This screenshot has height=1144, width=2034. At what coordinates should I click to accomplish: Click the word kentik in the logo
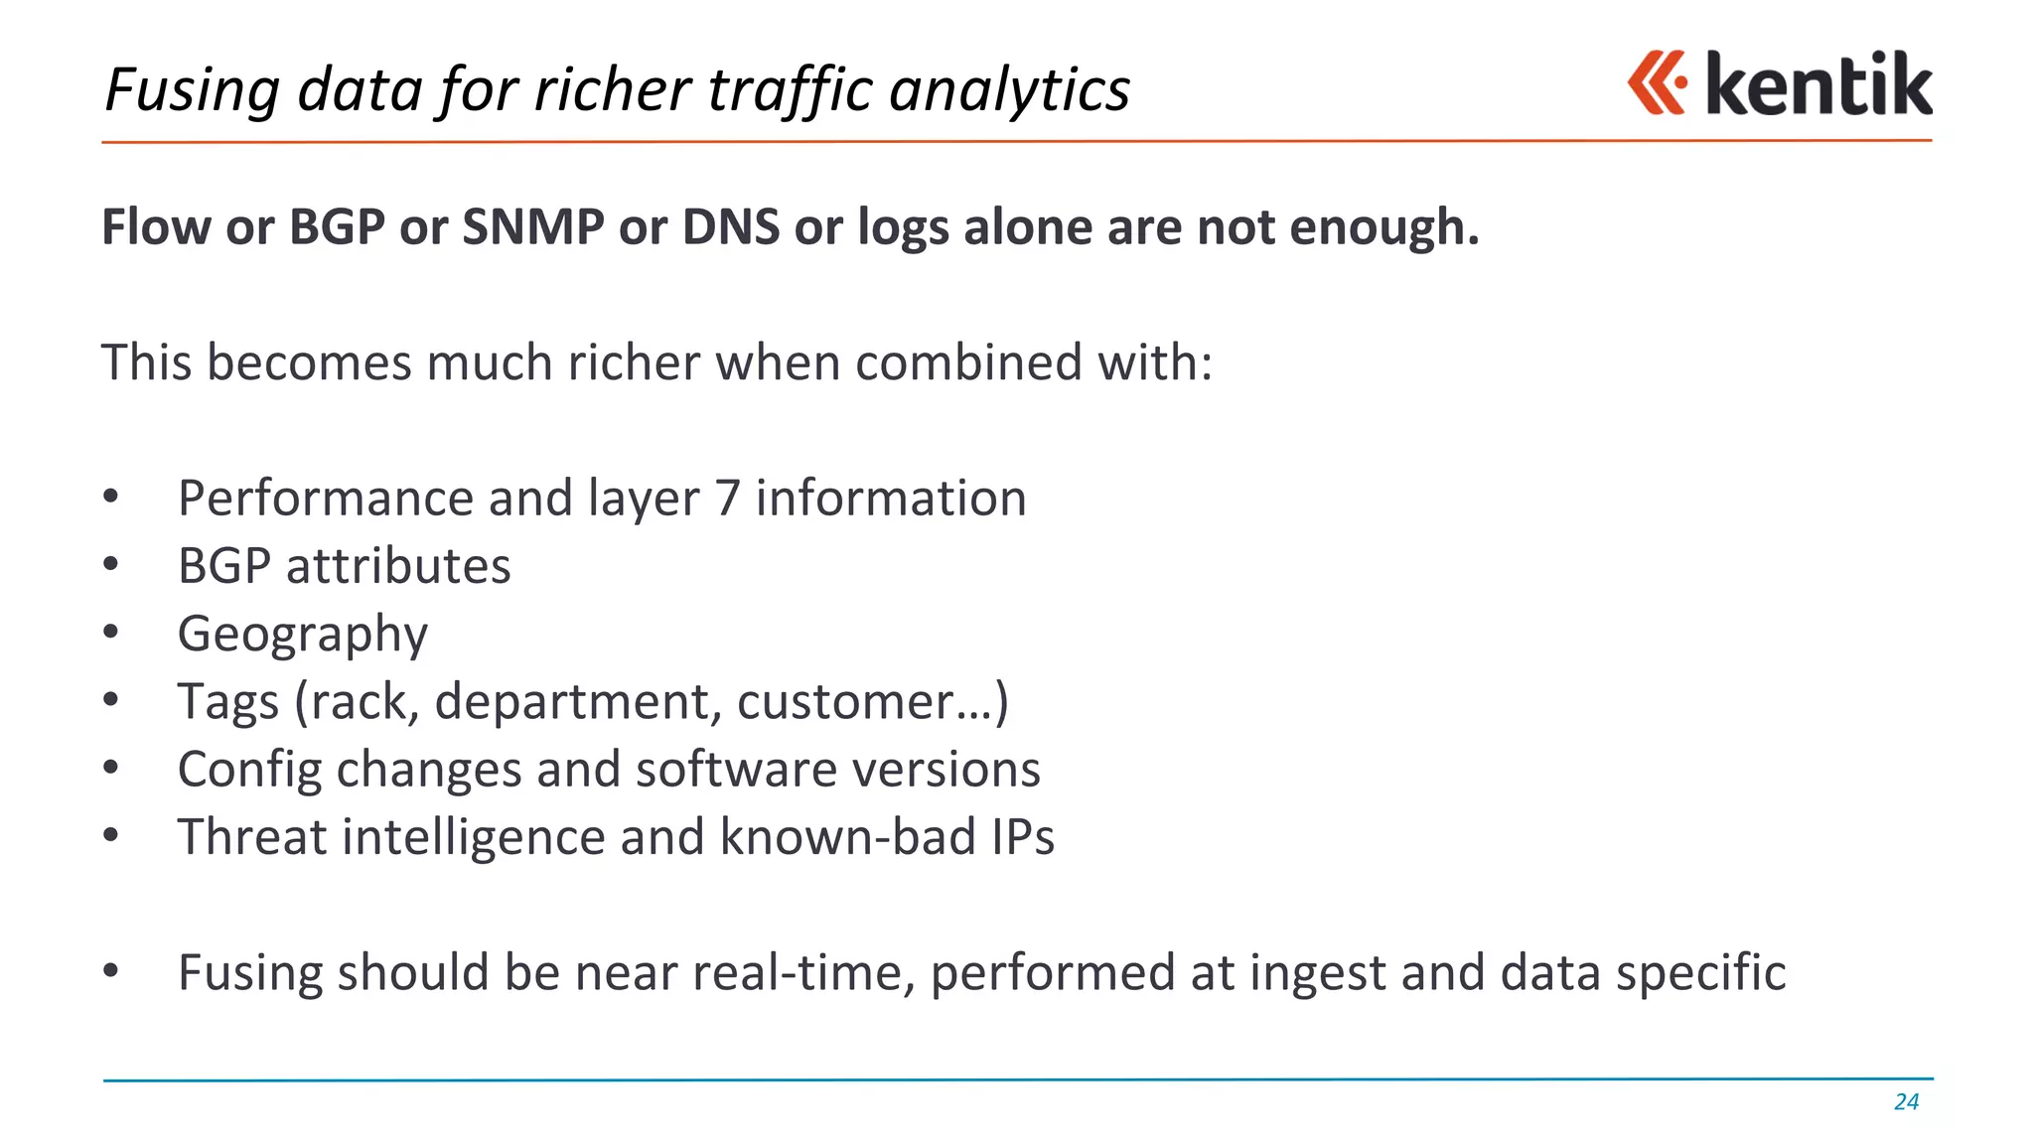coord(1818,84)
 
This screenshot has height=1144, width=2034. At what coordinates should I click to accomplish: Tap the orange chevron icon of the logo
coord(1657,82)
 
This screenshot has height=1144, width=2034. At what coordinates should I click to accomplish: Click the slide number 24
coord(1906,1101)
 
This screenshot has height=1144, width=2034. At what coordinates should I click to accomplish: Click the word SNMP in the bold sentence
coord(532,226)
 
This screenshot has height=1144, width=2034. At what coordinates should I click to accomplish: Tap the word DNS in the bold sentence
coord(730,226)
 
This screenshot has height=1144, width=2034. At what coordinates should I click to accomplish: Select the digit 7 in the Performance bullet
coord(727,499)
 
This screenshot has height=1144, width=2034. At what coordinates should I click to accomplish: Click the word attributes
coord(398,567)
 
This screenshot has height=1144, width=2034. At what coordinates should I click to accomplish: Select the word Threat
coord(252,837)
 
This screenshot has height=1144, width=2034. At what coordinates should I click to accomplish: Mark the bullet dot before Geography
coord(111,632)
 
